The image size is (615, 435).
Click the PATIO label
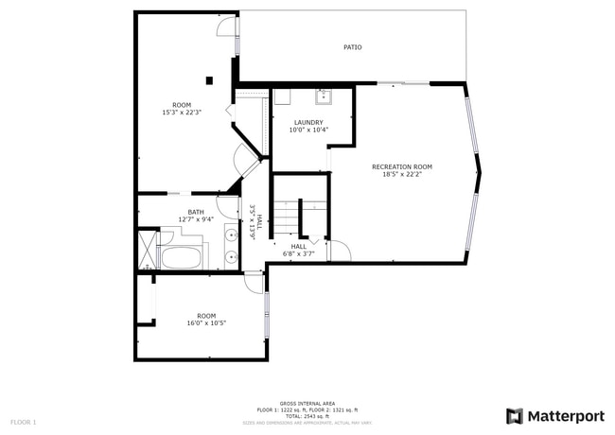[352, 47]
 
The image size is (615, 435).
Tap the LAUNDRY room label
[308, 122]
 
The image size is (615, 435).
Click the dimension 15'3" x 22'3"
[182, 113]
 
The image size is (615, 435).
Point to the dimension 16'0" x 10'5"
[205, 323]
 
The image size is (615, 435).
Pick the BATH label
[196, 212]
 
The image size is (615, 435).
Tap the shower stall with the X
[147, 249]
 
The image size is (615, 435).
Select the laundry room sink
[323, 94]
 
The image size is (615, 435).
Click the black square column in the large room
[209, 80]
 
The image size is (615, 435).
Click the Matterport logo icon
[515, 416]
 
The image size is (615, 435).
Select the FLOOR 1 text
[24, 421]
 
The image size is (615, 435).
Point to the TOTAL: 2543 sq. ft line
[307, 415]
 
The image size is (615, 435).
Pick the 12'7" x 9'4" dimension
[196, 219]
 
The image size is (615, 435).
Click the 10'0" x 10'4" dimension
[308, 130]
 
